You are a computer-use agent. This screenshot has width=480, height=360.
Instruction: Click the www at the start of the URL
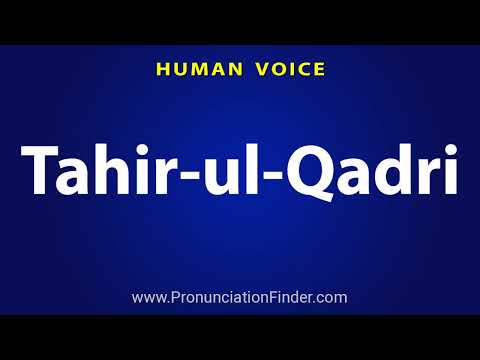[x=148, y=298]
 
